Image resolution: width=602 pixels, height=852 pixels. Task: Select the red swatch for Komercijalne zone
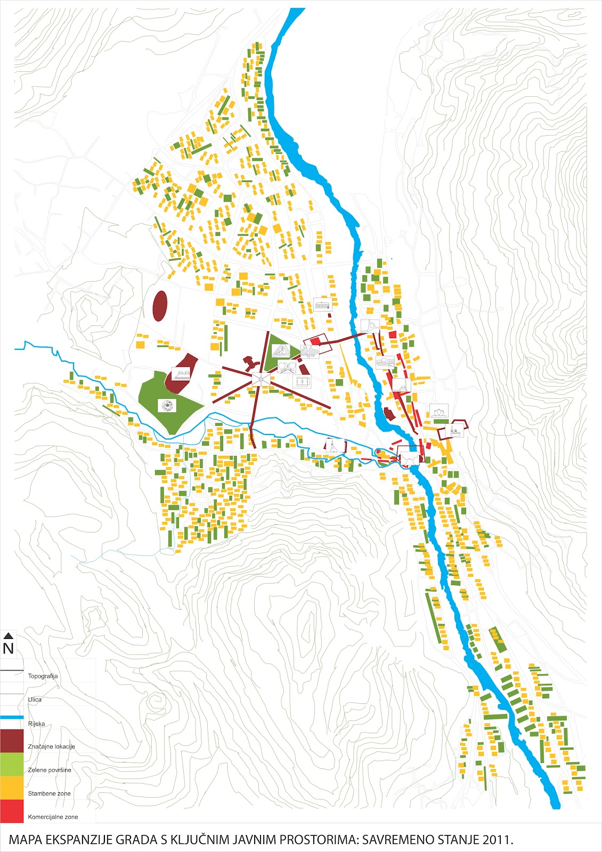coord(12,811)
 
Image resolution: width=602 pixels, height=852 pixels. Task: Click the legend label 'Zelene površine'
coord(50,770)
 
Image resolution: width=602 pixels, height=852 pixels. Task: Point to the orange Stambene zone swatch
coord(12,788)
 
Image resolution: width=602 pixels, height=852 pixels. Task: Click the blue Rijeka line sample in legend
coord(12,718)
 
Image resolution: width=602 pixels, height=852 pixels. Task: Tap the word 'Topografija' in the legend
coord(43,676)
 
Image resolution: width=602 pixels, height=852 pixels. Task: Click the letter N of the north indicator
coord(8,649)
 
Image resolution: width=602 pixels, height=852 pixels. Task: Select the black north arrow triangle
coord(8,635)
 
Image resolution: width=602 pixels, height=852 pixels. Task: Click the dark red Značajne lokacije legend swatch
coord(12,741)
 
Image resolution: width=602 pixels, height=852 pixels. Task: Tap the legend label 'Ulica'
coord(35,700)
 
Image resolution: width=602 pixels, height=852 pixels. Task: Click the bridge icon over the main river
coord(408,458)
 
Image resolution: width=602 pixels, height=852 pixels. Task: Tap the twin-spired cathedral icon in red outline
coord(455,430)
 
